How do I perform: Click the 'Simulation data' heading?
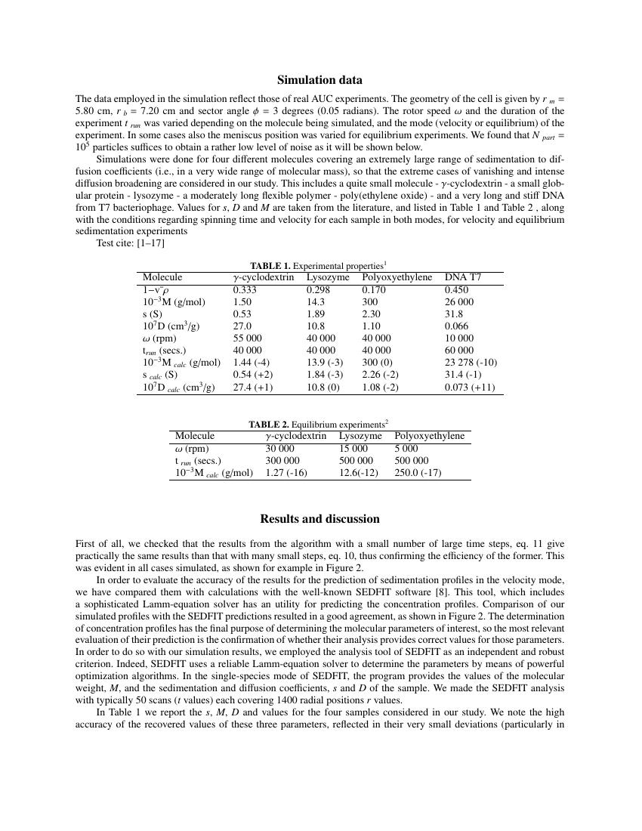click(319, 80)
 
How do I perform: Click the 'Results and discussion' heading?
click(319, 519)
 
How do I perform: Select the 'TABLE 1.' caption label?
click(270, 266)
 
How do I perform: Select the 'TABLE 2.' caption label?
click(269, 425)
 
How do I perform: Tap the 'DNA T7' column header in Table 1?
click(463, 277)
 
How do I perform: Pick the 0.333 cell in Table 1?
click(244, 289)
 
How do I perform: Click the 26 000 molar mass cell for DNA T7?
click(460, 302)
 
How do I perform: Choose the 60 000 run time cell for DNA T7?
click(460, 351)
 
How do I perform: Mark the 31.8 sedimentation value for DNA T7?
click(454, 314)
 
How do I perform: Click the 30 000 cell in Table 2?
click(280, 448)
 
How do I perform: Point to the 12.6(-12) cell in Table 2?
click(358, 473)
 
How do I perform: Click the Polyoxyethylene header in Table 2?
click(429, 436)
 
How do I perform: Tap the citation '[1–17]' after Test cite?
click(150, 243)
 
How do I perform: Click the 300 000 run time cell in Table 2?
click(282, 460)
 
